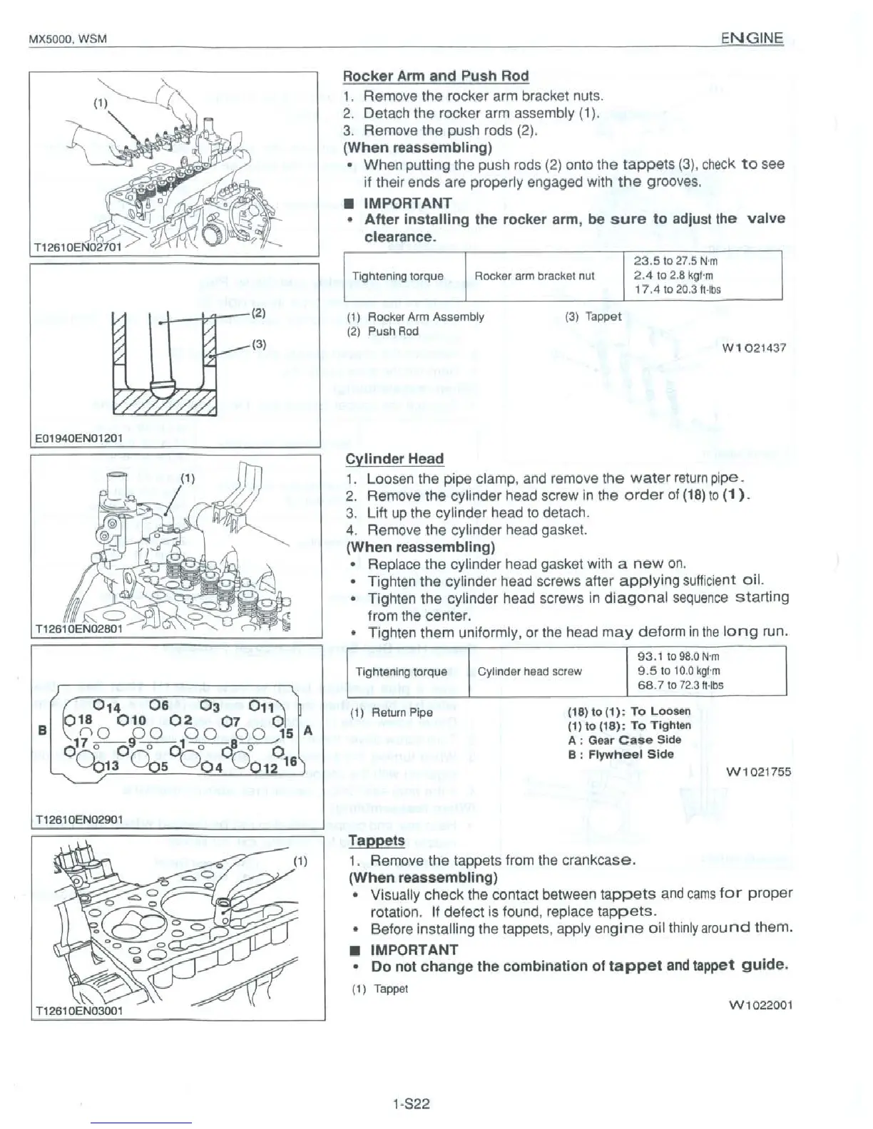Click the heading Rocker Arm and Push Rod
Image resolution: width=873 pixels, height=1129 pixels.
tap(436, 76)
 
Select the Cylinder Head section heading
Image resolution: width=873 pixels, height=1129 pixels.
tap(394, 459)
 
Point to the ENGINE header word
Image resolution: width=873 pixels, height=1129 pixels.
tap(752, 38)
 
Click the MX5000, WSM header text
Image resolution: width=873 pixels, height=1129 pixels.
tap(67, 38)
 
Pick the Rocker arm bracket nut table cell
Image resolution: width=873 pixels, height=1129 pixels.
tap(534, 276)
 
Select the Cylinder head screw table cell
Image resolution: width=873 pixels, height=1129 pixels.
tap(529, 671)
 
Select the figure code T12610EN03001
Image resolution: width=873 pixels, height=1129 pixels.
tap(78, 1011)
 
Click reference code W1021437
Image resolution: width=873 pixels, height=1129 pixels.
tap(754, 348)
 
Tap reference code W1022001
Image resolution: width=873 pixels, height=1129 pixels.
tap(759, 1005)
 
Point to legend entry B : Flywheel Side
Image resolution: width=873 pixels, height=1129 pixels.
tap(621, 754)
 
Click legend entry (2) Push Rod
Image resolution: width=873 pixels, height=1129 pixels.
tap(383, 331)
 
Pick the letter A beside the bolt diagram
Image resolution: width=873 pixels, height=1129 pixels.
tap(307, 731)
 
